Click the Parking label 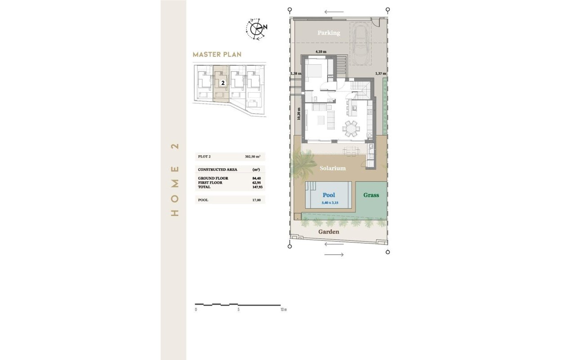328,33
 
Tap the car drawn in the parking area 362,45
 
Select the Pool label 329,195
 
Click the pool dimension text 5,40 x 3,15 329,203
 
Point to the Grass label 371,195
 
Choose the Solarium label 333,168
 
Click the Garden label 328,232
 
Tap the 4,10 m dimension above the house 321,52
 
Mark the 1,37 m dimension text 381,73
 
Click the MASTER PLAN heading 217,54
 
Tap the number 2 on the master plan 223,83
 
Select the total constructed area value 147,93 256,187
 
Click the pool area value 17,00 256,200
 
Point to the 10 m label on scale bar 283,310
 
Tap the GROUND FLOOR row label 213,178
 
